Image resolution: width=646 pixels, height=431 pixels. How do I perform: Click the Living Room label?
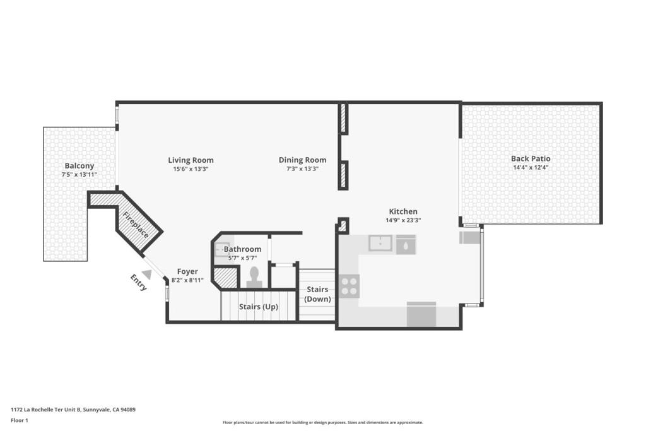(x=191, y=160)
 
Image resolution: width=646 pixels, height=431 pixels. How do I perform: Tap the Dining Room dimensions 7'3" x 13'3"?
(x=302, y=168)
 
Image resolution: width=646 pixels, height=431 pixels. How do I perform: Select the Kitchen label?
(x=403, y=211)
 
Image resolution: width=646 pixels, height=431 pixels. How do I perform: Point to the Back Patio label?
(x=531, y=158)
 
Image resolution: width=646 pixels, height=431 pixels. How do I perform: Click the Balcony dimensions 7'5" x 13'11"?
(x=79, y=174)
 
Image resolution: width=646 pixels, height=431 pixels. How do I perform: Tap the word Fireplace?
(x=136, y=225)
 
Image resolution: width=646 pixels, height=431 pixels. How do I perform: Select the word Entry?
(x=138, y=283)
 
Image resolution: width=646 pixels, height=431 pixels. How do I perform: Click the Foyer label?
(x=187, y=271)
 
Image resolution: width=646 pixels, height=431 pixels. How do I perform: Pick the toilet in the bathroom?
(x=254, y=277)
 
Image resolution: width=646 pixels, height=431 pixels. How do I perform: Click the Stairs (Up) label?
(x=258, y=307)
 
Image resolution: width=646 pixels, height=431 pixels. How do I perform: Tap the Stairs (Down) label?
(x=317, y=294)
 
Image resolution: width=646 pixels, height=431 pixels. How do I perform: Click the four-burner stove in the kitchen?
(x=349, y=286)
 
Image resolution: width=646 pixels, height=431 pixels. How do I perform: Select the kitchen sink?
(x=380, y=243)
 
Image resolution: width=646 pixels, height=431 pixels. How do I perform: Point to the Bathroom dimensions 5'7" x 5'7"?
(x=243, y=258)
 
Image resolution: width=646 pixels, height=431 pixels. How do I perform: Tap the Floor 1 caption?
(x=20, y=421)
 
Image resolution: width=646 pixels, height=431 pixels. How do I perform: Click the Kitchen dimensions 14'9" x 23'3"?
(x=403, y=220)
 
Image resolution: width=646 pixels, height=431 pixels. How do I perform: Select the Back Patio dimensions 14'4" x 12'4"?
(x=531, y=168)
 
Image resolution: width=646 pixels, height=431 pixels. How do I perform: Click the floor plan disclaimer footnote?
(x=323, y=422)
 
